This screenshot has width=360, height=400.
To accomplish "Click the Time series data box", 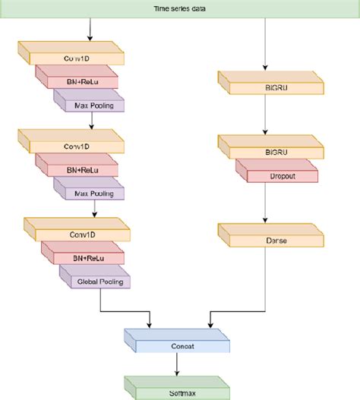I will pos(179,8).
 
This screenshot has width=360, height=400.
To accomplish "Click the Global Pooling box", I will pos(99,282).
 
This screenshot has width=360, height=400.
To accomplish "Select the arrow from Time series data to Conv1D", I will pos(90,28).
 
